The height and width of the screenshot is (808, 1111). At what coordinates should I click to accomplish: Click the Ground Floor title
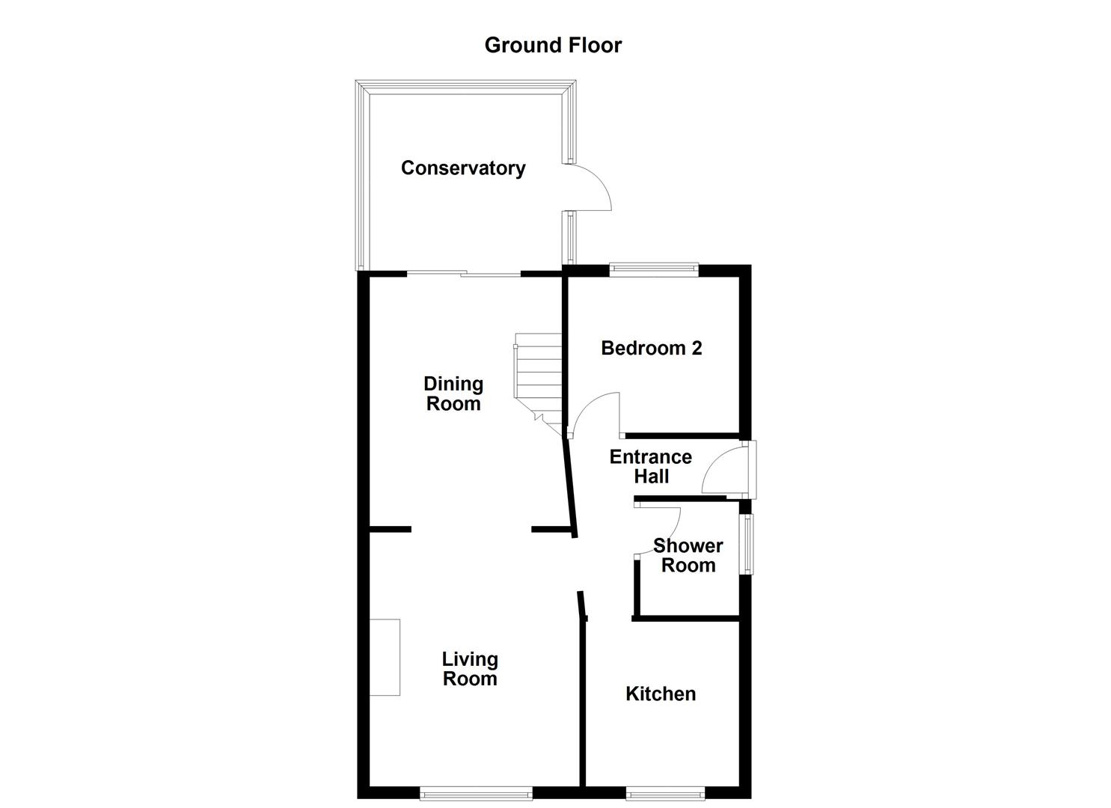553,45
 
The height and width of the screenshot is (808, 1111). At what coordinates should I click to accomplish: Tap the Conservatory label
463,168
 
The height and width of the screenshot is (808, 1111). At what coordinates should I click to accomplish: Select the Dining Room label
453,394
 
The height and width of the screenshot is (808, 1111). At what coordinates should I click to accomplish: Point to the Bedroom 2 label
652,348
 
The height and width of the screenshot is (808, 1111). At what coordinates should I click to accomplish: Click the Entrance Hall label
651,466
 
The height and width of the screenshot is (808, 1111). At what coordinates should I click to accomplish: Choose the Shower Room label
688,555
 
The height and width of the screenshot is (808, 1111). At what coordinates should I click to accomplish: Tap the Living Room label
470,669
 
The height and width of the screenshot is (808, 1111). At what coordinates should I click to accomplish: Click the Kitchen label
661,694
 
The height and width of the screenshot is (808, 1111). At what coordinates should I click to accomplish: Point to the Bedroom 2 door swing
596,414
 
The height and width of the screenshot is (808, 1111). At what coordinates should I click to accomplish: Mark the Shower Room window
747,543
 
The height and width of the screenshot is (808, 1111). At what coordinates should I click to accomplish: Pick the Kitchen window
665,792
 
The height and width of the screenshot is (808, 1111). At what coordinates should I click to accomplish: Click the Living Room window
476,792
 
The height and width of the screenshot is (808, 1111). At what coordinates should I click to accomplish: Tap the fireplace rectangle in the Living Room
385,657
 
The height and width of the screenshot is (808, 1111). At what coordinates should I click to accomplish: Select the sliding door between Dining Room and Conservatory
464,273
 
